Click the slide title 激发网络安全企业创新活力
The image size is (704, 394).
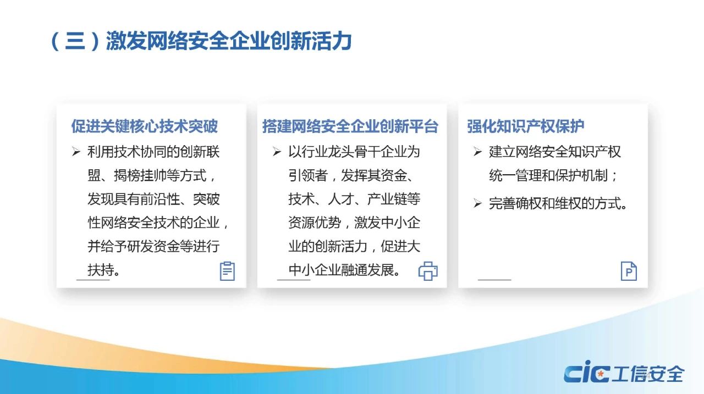pyautogui.click(x=229, y=41)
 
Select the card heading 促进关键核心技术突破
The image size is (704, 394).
pyautogui.click(x=145, y=126)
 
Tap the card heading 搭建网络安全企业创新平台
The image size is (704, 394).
pyautogui.click(x=350, y=126)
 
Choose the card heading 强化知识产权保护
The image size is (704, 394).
pyautogui.click(x=525, y=126)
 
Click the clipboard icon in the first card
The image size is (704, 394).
pyautogui.click(x=227, y=271)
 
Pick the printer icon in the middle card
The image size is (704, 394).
pyautogui.click(x=428, y=271)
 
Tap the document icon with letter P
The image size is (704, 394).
pyautogui.click(x=629, y=271)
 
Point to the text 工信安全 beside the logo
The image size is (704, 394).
pyautogui.click(x=648, y=374)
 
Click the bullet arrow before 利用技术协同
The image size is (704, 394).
pyautogui.click(x=76, y=152)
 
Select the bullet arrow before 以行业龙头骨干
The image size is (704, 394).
pyautogui.click(x=277, y=152)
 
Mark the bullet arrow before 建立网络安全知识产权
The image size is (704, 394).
pyautogui.click(x=477, y=152)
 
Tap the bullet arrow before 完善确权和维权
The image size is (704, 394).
pyautogui.click(x=477, y=203)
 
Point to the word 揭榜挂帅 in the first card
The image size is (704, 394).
pyautogui.click(x=140, y=175)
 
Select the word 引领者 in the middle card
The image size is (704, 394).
pyautogui.click(x=308, y=175)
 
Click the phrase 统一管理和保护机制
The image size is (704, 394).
pyautogui.click(x=548, y=175)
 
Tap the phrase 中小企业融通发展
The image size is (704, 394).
pyautogui.click(x=341, y=270)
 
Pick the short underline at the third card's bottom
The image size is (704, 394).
pyautogui.click(x=494, y=279)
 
